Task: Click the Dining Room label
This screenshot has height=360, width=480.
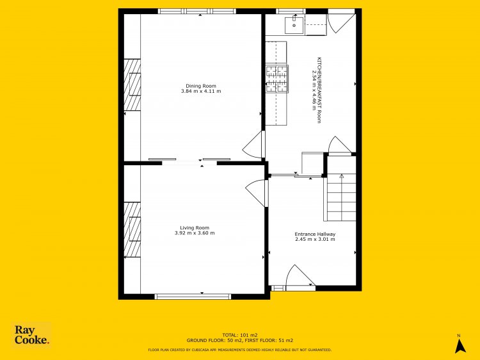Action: [x=201, y=86]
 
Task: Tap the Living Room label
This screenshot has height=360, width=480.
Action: [x=195, y=227]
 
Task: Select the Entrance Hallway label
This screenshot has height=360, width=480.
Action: [x=315, y=234]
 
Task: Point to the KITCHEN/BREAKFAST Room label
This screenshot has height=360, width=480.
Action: [x=319, y=90]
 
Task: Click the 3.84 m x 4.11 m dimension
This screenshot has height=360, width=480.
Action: [x=201, y=92]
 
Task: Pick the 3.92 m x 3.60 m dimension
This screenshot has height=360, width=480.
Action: [x=195, y=233]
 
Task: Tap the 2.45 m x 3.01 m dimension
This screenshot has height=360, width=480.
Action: [x=315, y=240]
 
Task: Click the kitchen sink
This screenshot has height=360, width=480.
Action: [x=294, y=25]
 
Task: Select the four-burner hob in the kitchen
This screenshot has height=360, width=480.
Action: [x=276, y=79]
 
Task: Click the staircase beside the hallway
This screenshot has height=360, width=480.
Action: [x=341, y=198]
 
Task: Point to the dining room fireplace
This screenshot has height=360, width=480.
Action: [x=132, y=85]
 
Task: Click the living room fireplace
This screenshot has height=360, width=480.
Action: [x=132, y=229]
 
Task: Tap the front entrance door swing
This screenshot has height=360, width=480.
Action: [x=300, y=277]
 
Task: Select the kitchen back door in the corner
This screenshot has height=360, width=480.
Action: [x=342, y=23]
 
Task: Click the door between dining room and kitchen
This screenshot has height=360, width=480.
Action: [x=253, y=145]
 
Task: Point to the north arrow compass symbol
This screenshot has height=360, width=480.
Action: [x=460, y=345]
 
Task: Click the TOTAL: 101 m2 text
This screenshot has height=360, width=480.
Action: [x=240, y=335]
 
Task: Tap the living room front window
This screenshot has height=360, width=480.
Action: [x=193, y=297]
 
